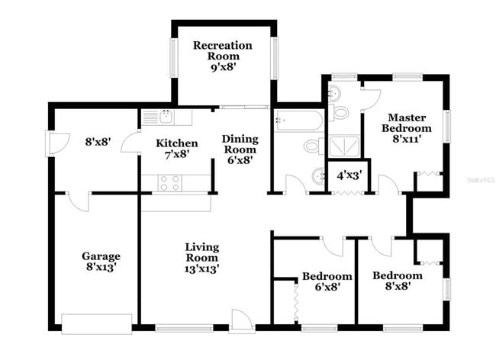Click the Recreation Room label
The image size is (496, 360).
point(222,56)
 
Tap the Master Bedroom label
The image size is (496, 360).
point(406,128)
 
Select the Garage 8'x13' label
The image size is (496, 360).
point(101,262)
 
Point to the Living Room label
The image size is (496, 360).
point(202,257)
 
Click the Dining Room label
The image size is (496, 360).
point(240,149)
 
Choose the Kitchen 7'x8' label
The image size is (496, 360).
point(177,148)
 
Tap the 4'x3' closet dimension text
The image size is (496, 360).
point(348,175)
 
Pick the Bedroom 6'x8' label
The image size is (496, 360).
point(327,281)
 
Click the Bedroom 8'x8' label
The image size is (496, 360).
point(397,281)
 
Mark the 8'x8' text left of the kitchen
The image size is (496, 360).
point(98,141)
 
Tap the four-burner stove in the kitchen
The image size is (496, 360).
point(170,183)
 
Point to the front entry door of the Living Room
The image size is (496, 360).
point(240,322)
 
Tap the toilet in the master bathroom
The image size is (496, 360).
point(340,113)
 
